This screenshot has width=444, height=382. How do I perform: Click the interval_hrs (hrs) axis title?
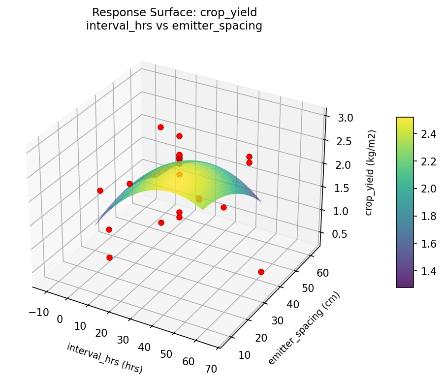coord(105,358)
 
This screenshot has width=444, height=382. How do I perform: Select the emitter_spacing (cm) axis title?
coord(304,329)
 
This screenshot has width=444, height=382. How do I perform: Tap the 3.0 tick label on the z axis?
coord(346,118)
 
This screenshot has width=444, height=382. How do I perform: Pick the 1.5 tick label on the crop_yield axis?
coord(343,189)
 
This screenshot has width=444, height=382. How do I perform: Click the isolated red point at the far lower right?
coord(261,272)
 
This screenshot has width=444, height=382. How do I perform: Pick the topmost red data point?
coord(160,127)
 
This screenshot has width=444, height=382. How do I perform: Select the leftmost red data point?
coord(100,191)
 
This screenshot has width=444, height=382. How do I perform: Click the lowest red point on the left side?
coord(109,257)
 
